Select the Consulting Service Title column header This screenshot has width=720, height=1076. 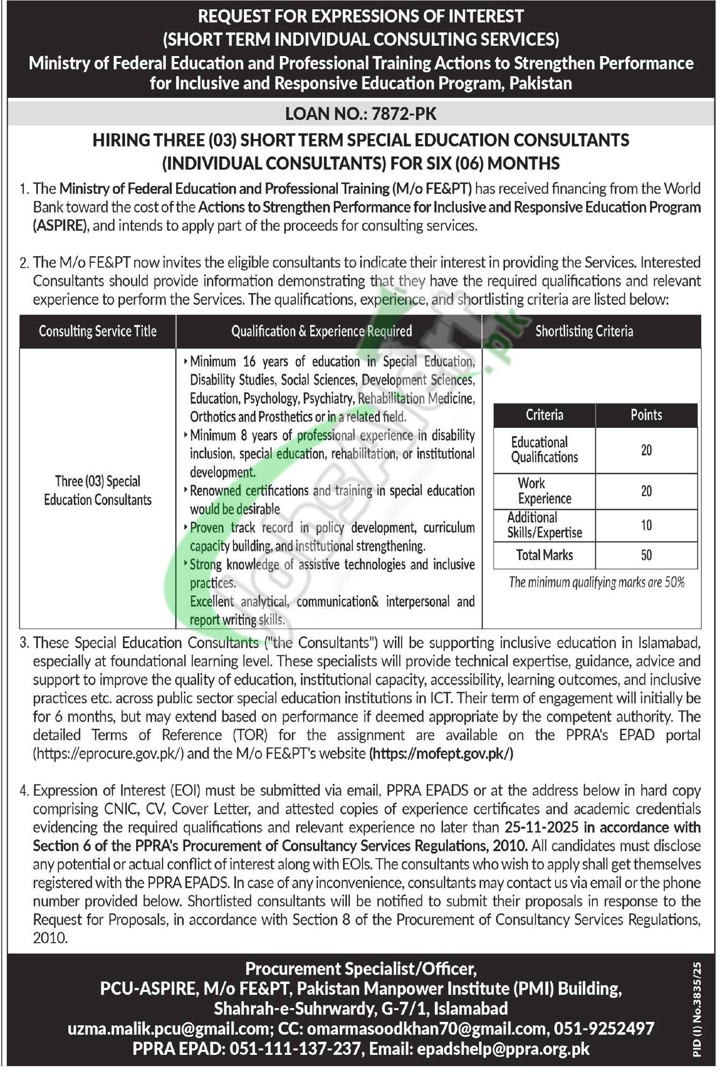(97, 331)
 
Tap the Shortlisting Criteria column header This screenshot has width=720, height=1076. (584, 331)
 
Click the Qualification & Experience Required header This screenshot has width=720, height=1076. (322, 331)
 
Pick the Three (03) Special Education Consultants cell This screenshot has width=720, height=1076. (97, 490)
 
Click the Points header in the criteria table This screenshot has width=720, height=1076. (646, 415)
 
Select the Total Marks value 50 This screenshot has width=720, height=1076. (646, 555)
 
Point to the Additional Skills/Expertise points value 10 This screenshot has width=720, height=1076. (646, 525)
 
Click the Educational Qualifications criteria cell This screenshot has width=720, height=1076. (544, 450)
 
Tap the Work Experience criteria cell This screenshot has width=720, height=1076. (544, 491)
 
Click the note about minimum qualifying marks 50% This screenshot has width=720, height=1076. (596, 583)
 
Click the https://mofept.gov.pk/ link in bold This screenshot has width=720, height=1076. (441, 754)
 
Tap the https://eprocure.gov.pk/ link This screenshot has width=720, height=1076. (108, 754)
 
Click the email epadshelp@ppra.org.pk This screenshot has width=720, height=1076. (503, 1049)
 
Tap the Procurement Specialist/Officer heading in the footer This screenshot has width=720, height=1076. (360, 969)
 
